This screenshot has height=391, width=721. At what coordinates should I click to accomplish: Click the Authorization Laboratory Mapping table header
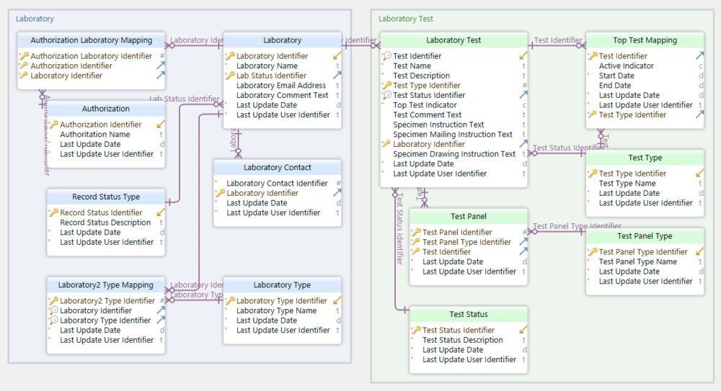click(x=91, y=40)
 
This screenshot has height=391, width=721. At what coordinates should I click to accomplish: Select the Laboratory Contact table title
click(x=278, y=168)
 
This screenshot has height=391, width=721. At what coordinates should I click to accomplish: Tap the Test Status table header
click(x=468, y=315)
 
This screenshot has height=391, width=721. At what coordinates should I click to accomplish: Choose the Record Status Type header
click(x=106, y=197)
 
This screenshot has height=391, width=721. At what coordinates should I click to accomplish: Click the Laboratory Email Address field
click(x=280, y=86)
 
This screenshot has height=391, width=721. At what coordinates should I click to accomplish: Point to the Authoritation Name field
click(x=94, y=134)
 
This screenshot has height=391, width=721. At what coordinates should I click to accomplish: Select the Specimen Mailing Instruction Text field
click(x=452, y=134)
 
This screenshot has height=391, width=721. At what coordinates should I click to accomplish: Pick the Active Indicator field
click(x=626, y=66)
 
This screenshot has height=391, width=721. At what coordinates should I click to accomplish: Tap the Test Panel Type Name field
click(x=637, y=262)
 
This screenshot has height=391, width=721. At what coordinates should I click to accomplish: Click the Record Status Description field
click(x=105, y=223)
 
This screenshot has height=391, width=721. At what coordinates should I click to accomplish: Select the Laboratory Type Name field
click(x=276, y=311)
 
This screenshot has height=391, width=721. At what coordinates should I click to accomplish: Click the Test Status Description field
click(x=462, y=340)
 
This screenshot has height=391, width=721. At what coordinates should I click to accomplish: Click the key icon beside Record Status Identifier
click(x=53, y=213)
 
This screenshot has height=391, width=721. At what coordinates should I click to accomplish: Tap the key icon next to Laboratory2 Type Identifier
click(x=53, y=301)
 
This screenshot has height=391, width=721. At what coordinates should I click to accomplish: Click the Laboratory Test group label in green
click(x=406, y=19)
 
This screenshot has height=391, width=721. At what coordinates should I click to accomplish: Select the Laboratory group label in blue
click(x=35, y=19)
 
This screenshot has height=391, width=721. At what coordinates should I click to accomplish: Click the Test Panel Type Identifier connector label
click(x=577, y=226)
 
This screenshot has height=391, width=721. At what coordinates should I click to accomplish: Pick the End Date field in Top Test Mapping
click(x=614, y=86)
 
